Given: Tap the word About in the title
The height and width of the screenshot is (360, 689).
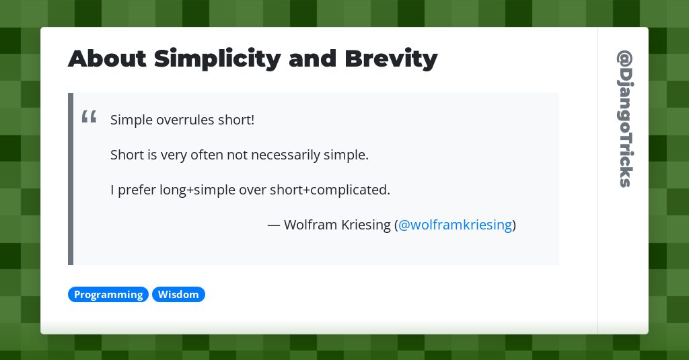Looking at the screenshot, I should [x=107, y=59].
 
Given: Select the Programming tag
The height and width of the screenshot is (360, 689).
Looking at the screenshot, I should [x=108, y=295].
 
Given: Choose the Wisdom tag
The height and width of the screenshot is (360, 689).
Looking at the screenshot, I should [x=178, y=295].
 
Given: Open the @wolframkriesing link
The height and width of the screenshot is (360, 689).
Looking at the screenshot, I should [x=455, y=225].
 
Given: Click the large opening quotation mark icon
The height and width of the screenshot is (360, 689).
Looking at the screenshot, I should [x=89, y=118].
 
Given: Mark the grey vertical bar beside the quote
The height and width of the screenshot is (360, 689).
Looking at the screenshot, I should [x=71, y=179].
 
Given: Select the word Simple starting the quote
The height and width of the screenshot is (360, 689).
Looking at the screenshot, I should [x=131, y=120].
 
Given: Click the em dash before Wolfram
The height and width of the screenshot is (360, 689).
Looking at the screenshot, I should [x=274, y=225].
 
